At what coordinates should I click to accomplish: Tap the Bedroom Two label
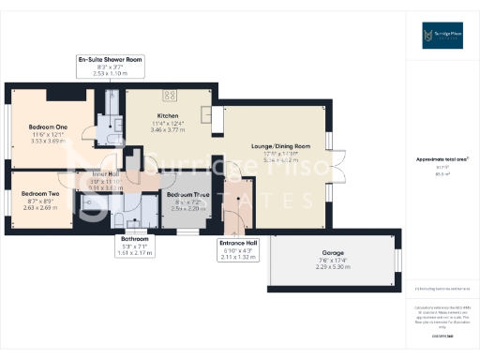(x=40, y=194)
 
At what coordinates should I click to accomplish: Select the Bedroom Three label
(x=183, y=195)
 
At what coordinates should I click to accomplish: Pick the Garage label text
(x=333, y=253)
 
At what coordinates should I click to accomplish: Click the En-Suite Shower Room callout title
(x=110, y=59)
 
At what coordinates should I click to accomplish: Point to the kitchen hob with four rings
(x=170, y=94)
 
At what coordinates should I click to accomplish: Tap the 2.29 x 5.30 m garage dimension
(x=333, y=267)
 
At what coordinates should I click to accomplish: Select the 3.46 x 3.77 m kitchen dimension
(x=169, y=130)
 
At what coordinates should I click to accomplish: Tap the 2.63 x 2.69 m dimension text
(x=40, y=207)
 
